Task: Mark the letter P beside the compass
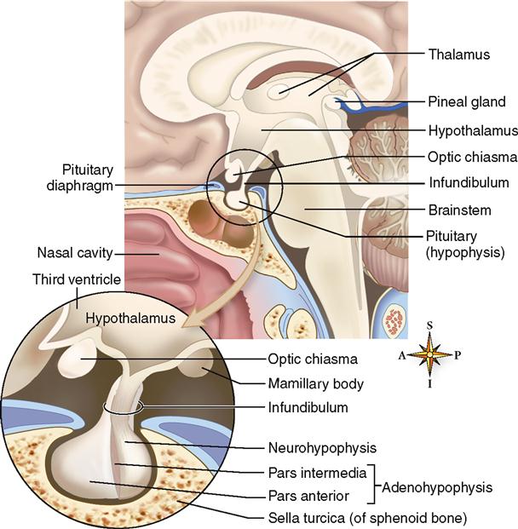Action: [458, 355]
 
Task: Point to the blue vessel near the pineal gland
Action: [358, 106]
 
